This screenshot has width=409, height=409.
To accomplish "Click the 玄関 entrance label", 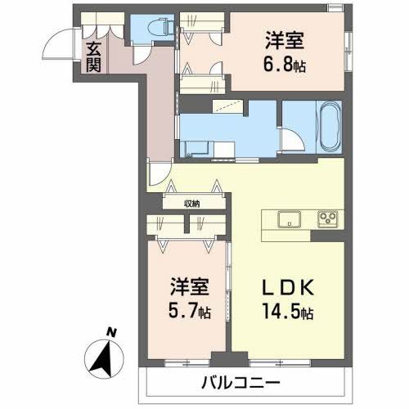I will click(x=92, y=56).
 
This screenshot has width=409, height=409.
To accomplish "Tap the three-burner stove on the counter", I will click(x=329, y=218).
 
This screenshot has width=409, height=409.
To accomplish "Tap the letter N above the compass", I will click(x=112, y=332).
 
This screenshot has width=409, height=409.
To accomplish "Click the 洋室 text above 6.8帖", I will click(x=281, y=39).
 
